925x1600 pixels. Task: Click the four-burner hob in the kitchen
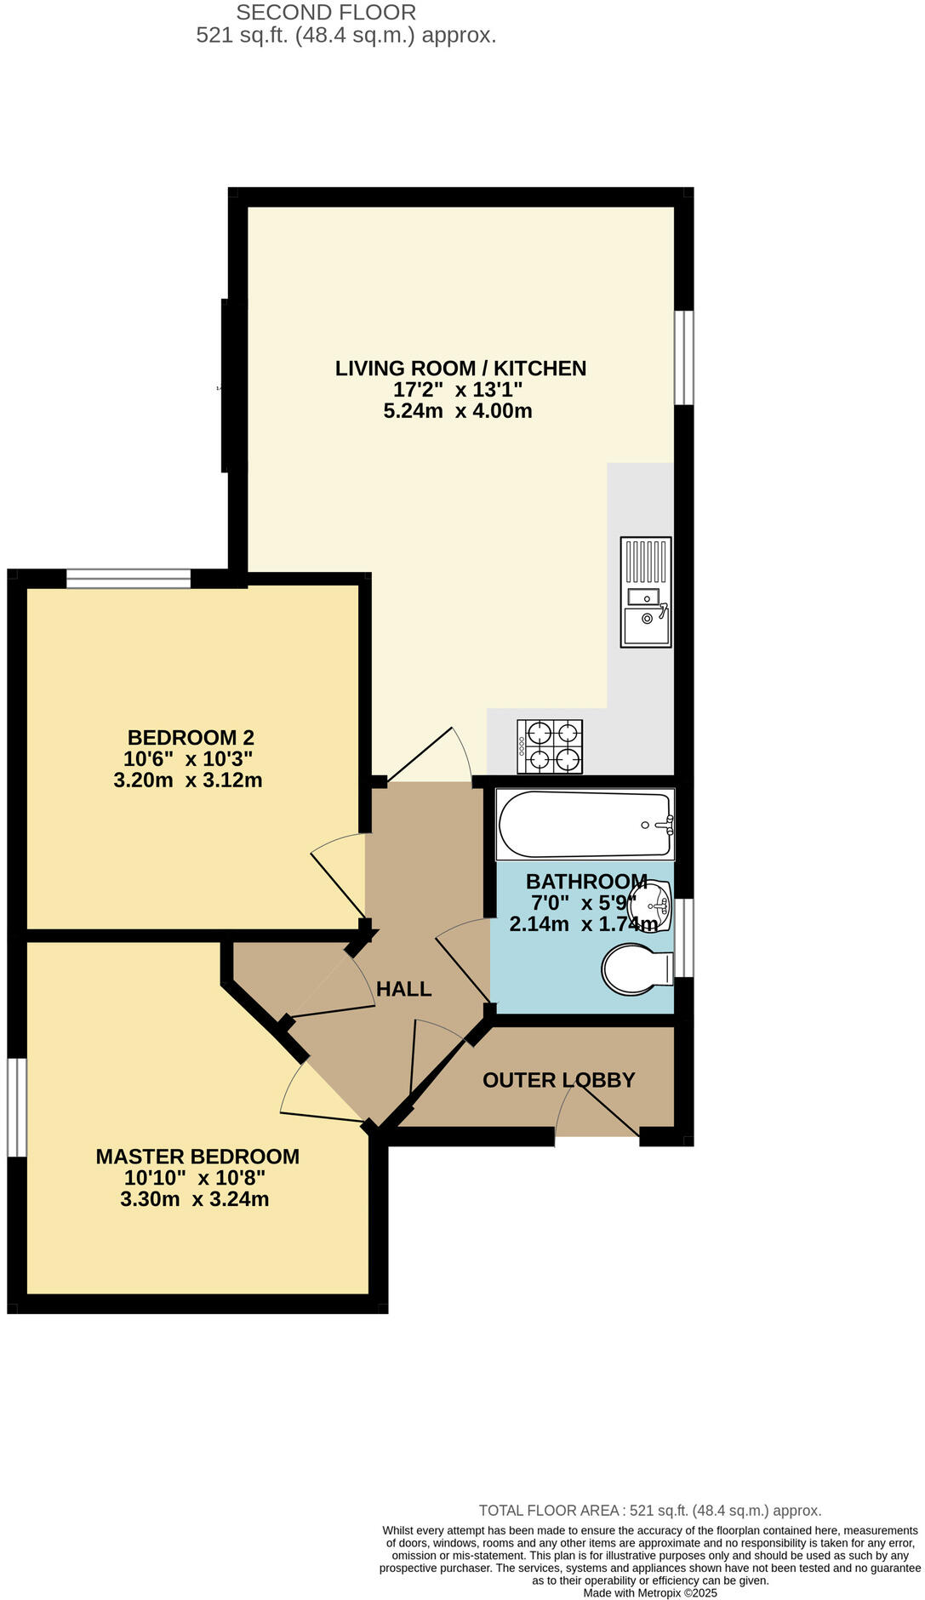click(x=550, y=746)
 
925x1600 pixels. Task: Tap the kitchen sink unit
click(x=646, y=591)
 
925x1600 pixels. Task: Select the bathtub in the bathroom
click(x=585, y=825)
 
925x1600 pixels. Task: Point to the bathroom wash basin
click(x=656, y=904)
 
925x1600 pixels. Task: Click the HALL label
click(x=403, y=989)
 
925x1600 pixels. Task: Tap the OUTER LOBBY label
click(x=558, y=1080)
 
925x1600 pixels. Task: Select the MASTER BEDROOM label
click(x=197, y=1157)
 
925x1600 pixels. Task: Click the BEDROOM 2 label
click(x=191, y=738)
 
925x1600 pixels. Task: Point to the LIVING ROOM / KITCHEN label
click(x=460, y=369)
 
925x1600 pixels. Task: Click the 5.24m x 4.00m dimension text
click(x=458, y=411)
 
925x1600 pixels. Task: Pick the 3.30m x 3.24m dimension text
click(x=195, y=1199)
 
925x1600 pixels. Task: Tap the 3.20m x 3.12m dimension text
click(x=188, y=780)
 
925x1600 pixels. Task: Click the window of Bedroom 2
click(x=128, y=579)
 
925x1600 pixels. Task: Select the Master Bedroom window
click(x=16, y=1107)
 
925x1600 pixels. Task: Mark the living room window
click(x=684, y=357)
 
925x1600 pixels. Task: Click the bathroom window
click(x=684, y=938)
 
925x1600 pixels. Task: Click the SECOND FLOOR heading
click(x=326, y=13)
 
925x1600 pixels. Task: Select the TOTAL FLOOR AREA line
click(x=650, y=1511)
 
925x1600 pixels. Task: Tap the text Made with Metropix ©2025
click(x=650, y=1593)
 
